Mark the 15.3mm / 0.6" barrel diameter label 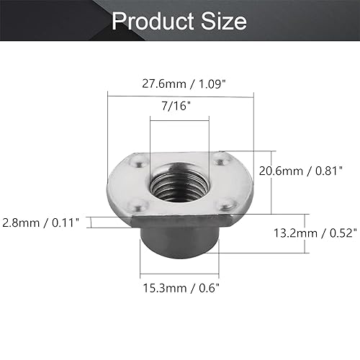pyautogui.click(x=179, y=288)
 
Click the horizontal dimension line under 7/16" pyautogui.click(x=179, y=118)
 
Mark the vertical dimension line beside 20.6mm pyautogui.click(x=271, y=183)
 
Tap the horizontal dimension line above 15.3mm pyautogui.click(x=179, y=275)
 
